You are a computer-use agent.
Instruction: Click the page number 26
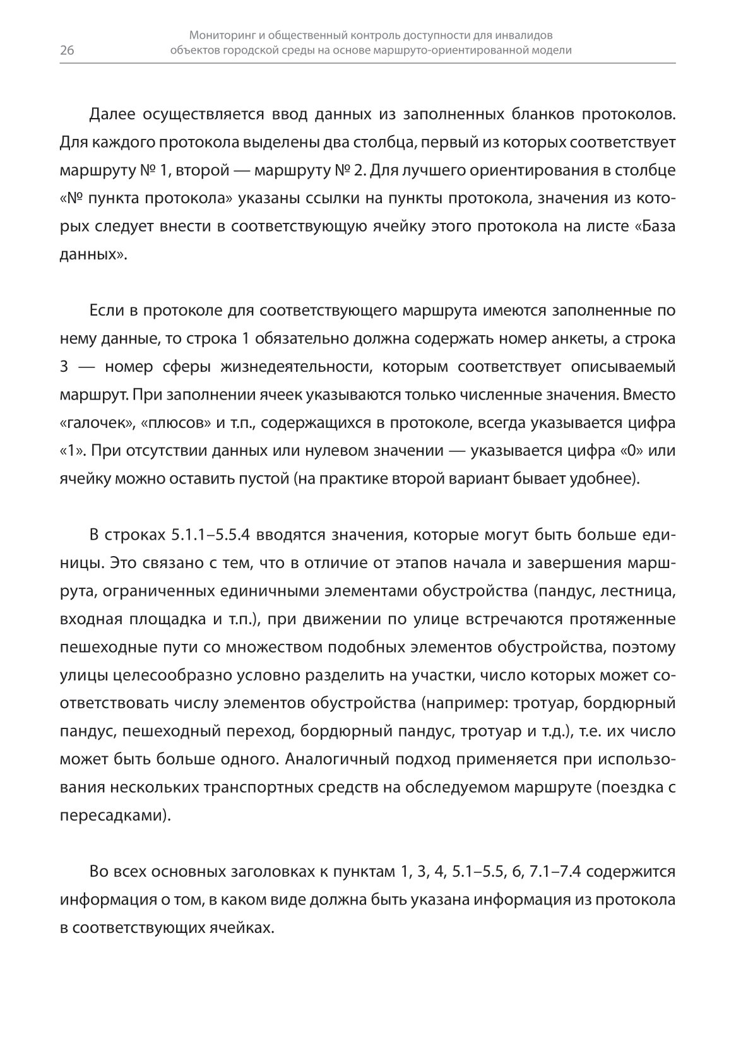(x=68, y=51)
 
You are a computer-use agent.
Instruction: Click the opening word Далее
(x=112, y=114)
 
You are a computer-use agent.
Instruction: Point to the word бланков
(x=539, y=114)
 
